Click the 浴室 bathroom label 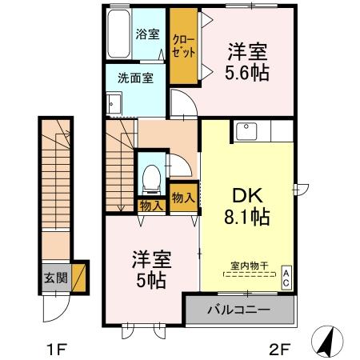(x=146, y=34)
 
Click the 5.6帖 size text (x=246, y=72)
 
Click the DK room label (x=245, y=194)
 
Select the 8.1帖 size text (x=246, y=216)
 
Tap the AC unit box (x=286, y=277)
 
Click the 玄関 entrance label (x=54, y=279)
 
